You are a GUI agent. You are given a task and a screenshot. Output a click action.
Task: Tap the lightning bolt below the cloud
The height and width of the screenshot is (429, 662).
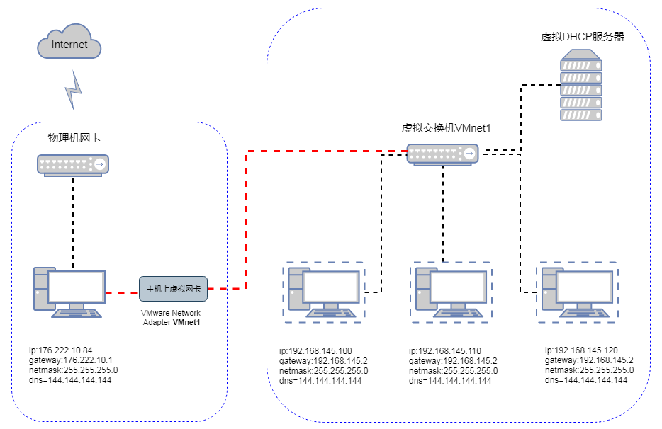[74, 88]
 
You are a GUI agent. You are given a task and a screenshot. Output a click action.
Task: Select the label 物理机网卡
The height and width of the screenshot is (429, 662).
[74, 138]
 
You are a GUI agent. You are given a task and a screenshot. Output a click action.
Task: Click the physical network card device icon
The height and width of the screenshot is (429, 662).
[74, 164]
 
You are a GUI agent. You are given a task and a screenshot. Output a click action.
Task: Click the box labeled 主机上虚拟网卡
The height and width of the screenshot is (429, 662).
[173, 289]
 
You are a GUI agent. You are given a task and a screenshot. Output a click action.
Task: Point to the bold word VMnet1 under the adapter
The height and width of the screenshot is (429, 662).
[188, 322]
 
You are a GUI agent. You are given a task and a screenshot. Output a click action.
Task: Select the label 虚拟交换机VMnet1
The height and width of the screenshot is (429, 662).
[447, 128]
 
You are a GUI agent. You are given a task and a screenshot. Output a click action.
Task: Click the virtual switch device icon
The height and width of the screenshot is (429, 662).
[442, 154]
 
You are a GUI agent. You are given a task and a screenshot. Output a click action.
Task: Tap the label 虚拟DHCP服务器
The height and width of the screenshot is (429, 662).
[582, 37]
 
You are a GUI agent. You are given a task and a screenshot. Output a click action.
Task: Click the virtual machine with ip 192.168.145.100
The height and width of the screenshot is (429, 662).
[323, 292]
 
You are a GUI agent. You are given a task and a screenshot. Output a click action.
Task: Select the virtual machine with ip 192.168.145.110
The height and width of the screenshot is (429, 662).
[451, 292]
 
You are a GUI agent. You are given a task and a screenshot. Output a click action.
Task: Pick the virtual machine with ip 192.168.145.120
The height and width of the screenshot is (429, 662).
[577, 292]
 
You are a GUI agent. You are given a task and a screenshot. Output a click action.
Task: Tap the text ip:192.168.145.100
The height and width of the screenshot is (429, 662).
[315, 351]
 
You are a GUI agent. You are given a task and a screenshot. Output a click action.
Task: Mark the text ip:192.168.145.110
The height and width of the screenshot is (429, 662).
[445, 351]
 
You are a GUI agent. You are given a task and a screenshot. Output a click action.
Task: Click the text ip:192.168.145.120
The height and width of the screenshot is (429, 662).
[581, 350]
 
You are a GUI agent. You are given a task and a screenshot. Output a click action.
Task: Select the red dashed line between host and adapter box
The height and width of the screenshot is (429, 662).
[122, 291]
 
